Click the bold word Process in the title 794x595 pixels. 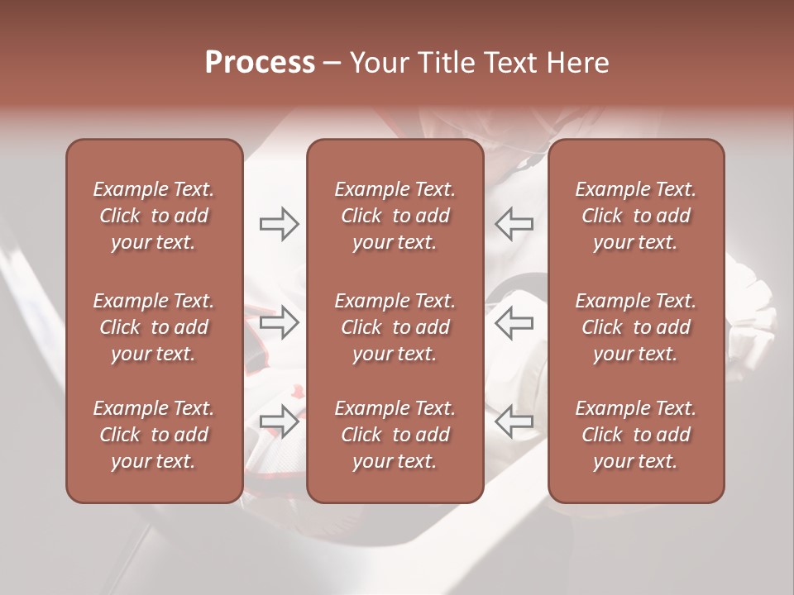[x=260, y=63]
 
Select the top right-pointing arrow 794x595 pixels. [x=279, y=224]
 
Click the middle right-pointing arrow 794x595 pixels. [x=279, y=322]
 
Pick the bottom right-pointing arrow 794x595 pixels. [x=279, y=421]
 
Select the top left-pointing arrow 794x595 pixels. [x=514, y=224]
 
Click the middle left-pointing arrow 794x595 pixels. [x=514, y=322]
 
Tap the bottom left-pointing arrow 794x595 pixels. [x=514, y=421]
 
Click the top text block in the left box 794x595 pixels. [x=154, y=216]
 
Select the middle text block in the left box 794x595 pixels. [x=154, y=327]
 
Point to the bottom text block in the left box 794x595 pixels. [x=154, y=435]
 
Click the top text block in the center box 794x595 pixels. [x=395, y=216]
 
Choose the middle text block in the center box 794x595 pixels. [x=395, y=327]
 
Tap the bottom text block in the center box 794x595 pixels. [x=395, y=435]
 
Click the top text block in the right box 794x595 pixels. [x=636, y=216]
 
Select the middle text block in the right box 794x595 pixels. [x=636, y=327]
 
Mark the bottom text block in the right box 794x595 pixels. [x=636, y=435]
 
